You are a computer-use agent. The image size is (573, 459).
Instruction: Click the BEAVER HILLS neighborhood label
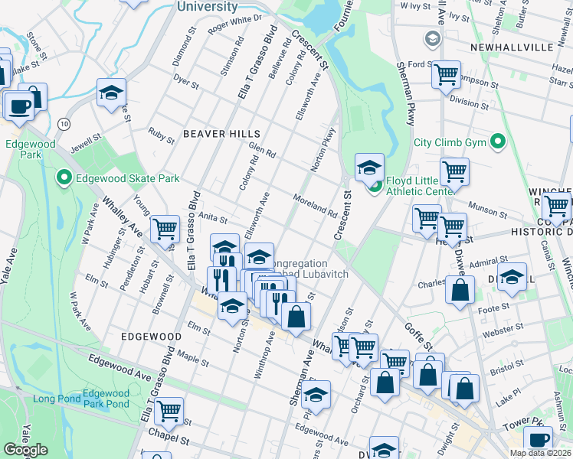(216, 133)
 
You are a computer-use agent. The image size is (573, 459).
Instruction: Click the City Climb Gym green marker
(499, 142)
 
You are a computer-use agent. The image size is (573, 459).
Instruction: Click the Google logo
(25, 450)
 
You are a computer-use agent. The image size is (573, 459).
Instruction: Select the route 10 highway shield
(64, 122)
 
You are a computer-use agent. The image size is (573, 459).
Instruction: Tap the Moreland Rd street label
(314, 204)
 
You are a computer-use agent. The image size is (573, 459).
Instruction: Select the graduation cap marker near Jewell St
(111, 93)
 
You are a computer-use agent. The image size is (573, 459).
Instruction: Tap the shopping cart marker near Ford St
(445, 75)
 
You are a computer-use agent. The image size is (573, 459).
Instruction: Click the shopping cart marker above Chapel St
(169, 410)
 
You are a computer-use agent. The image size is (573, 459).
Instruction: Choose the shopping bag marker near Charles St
(459, 291)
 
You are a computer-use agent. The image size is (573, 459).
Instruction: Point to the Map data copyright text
(540, 453)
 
